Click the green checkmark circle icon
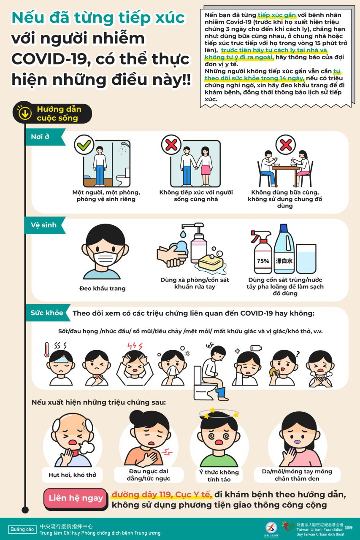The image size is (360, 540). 84,145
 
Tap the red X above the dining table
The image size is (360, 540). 286,145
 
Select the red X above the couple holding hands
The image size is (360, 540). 171,145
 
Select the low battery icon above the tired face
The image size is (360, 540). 256,348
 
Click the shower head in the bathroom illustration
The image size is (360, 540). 125,143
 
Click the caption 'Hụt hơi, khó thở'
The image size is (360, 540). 72,475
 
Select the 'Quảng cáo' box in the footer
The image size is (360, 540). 22,529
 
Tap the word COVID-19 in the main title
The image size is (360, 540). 49,59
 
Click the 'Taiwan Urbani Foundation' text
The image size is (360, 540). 320,529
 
